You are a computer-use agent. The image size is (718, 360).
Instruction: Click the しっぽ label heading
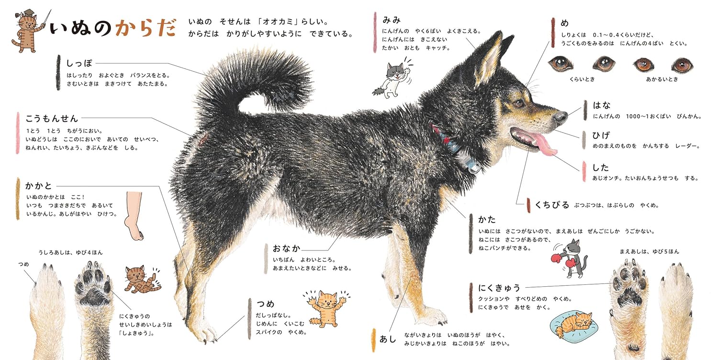point(79,64)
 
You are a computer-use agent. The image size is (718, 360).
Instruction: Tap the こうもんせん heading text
point(52,118)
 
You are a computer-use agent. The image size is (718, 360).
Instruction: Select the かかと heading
point(38,186)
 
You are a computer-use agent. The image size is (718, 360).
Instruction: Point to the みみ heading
point(392,20)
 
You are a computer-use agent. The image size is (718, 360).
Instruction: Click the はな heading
point(602,105)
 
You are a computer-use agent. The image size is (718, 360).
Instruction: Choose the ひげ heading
point(601,135)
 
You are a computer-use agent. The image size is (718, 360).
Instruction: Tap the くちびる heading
point(552,204)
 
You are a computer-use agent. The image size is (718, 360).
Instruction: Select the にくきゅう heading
point(499,288)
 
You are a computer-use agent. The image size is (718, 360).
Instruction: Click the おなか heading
point(286,248)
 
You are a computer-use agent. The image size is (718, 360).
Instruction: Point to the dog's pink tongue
point(545,144)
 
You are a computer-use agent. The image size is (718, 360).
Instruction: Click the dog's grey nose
point(561,117)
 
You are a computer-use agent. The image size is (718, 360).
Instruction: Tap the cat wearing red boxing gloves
point(570,259)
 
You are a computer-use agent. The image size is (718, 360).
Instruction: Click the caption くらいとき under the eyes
point(582,79)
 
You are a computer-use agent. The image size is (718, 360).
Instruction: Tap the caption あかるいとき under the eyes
point(662,79)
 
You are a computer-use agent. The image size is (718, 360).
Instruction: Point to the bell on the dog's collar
point(472,167)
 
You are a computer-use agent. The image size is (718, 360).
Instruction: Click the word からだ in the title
point(146,28)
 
